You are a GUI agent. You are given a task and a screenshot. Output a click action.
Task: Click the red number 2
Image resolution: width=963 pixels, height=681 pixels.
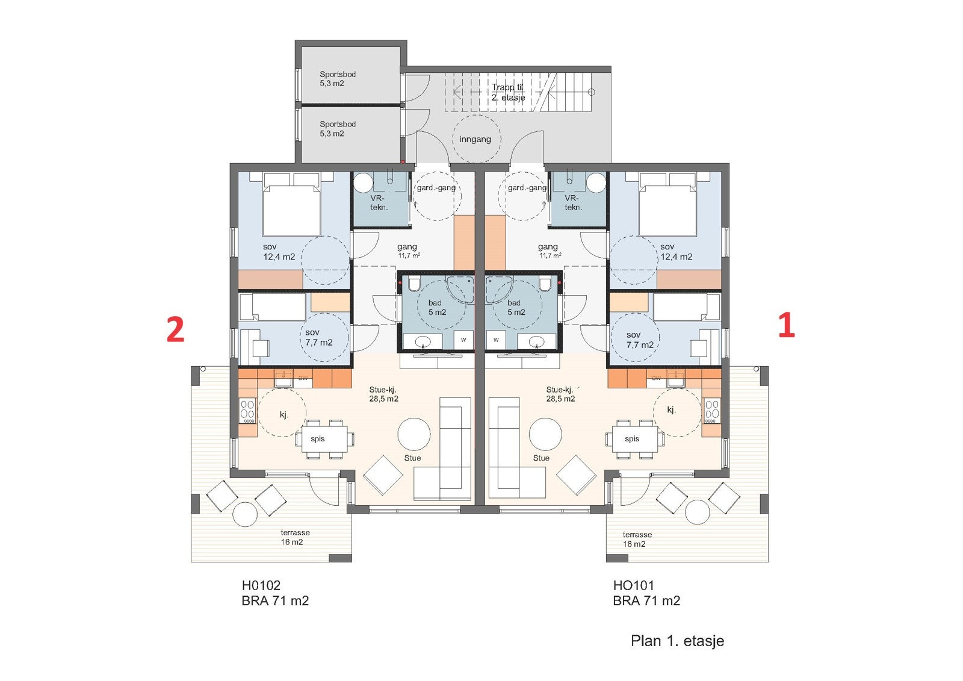pos(175,329)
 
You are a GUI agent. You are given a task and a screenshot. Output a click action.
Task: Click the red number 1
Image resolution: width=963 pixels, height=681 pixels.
pos(787,326)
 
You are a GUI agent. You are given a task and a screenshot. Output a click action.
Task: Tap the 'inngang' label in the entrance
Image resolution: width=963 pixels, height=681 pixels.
pos(475,139)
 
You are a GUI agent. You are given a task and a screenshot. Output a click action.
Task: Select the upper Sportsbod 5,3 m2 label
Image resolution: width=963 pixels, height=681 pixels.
pos(338,79)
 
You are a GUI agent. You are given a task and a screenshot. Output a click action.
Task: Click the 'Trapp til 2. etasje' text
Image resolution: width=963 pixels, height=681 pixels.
pos(508,92)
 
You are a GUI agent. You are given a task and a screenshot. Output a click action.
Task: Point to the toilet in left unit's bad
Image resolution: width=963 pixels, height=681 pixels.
pos(414,284)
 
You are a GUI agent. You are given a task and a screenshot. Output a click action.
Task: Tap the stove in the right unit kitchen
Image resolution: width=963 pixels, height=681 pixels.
pos(712,409)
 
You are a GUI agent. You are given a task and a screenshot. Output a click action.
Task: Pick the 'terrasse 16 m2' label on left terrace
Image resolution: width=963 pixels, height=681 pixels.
pos(294,537)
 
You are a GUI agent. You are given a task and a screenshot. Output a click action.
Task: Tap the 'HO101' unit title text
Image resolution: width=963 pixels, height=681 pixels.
pos(633,585)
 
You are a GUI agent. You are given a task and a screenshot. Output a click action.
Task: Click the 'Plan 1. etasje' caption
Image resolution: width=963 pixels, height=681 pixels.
pos(677,641)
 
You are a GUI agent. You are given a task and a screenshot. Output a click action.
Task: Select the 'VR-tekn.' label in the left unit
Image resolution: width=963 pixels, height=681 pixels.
pos(379,202)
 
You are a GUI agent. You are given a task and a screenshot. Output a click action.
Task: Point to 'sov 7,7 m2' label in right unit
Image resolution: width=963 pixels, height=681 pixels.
pos(639,340)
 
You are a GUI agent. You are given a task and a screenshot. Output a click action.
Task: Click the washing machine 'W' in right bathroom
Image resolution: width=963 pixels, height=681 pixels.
pos(496,340)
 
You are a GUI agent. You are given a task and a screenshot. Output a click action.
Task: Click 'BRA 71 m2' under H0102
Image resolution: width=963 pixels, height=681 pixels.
pos(275,600)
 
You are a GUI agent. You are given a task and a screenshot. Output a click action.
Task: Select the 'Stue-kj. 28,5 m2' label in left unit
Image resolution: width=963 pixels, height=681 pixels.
pos(383,394)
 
